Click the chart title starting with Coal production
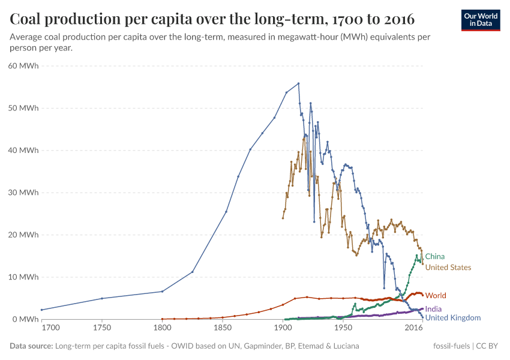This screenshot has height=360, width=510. [212, 19]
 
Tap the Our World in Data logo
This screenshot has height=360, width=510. [480, 19]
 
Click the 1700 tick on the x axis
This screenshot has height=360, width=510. [50, 329]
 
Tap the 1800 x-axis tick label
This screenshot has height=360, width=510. [162, 329]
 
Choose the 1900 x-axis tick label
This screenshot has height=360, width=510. [283, 329]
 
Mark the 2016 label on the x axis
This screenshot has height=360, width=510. [413, 329]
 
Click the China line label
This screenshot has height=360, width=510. [434, 256]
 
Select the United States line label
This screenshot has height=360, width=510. [448, 268]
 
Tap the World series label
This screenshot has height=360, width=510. [436, 296]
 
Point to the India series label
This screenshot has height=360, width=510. [433, 309]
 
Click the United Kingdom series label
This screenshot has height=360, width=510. [452, 318]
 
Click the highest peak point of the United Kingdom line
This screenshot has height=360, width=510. [298, 83]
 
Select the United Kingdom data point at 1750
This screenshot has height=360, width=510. [102, 298]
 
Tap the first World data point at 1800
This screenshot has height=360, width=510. [162, 319]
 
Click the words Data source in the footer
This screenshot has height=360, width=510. [31, 346]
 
